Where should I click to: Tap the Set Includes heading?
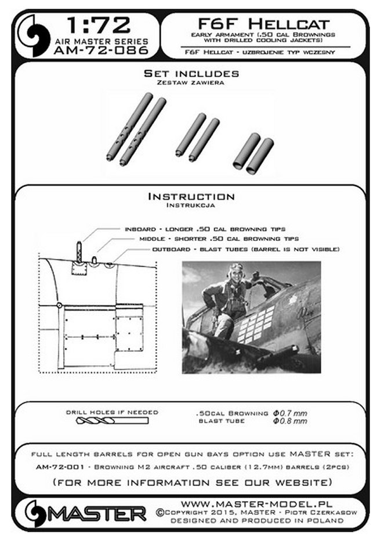[191, 74]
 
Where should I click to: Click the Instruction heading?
[191, 197]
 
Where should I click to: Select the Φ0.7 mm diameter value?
[289, 413]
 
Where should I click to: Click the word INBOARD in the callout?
[139, 229]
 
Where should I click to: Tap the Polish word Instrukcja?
[191, 206]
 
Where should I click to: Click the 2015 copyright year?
[222, 512]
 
